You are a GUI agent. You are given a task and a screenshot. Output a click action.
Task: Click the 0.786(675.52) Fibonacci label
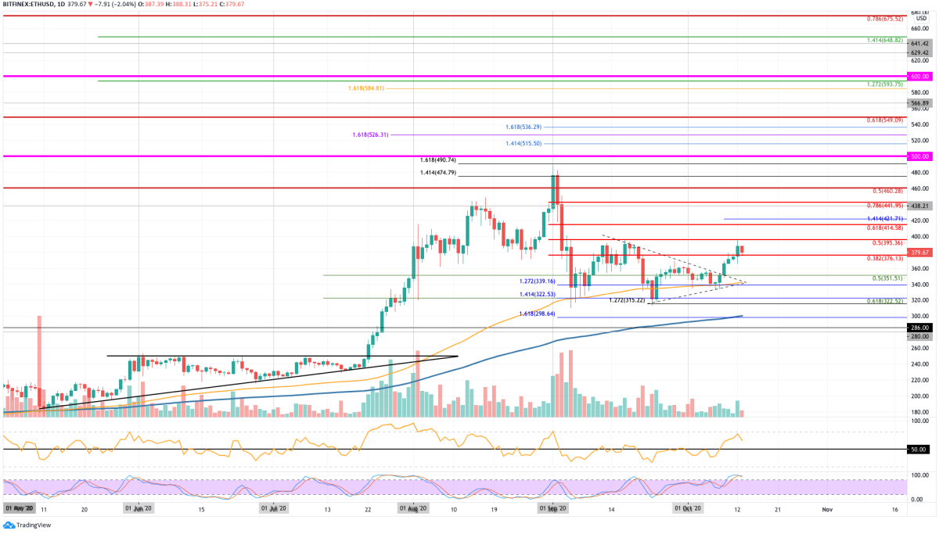click(x=884, y=19)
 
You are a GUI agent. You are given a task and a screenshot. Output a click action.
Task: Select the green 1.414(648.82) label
click(x=884, y=40)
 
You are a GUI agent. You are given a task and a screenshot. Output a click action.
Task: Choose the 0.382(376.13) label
click(x=884, y=258)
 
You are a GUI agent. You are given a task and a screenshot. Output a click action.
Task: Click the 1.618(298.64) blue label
click(x=537, y=314)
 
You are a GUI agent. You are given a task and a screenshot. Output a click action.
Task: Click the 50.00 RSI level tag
click(x=919, y=450)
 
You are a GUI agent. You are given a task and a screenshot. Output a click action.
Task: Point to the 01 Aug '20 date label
click(x=412, y=508)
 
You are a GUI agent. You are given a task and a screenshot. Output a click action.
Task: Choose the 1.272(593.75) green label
click(x=884, y=84)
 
